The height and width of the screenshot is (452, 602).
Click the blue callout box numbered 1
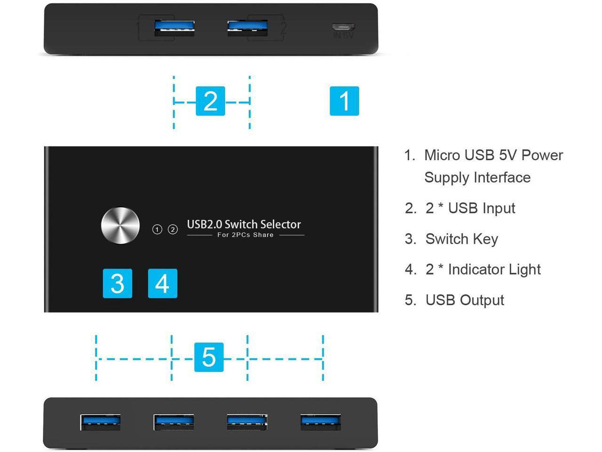click(x=344, y=101)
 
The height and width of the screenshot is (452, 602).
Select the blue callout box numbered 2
click(x=210, y=101)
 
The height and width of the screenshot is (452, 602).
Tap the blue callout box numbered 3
click(x=117, y=283)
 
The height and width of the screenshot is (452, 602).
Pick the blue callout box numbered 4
click(x=162, y=283)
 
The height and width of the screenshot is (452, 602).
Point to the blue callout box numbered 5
click(x=209, y=357)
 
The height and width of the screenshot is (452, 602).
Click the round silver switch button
click(x=120, y=226)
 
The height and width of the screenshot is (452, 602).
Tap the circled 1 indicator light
click(x=157, y=229)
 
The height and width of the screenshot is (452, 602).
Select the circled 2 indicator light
click(x=173, y=229)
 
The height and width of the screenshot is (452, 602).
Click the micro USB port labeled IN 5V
click(x=343, y=27)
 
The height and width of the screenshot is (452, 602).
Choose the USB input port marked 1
click(x=174, y=28)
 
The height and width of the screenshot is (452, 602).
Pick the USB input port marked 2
click(x=247, y=28)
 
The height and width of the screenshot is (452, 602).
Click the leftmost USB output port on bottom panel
click(x=100, y=422)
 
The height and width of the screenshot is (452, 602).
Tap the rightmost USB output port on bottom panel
click(x=321, y=422)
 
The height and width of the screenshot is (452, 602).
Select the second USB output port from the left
click(x=174, y=422)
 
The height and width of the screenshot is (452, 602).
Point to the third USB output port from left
click(x=247, y=422)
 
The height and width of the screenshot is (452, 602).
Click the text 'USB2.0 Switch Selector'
click(x=244, y=224)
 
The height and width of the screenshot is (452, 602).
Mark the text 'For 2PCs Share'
click(x=245, y=235)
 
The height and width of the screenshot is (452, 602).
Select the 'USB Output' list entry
click(x=464, y=300)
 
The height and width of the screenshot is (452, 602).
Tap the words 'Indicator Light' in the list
click(x=494, y=269)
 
